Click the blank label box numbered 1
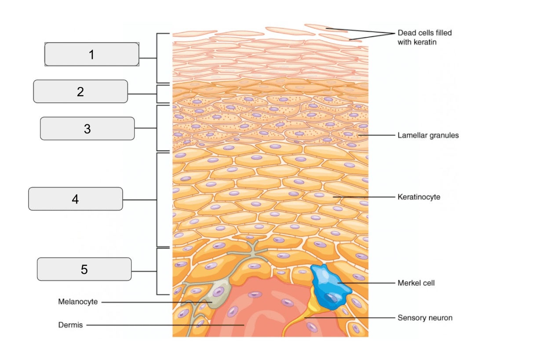click(x=92, y=55)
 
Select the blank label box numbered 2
click(x=80, y=91)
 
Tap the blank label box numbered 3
click(x=88, y=128)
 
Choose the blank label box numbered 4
click(x=76, y=199)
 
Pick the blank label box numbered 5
click(x=84, y=269)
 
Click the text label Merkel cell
click(x=416, y=283)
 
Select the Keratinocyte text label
click(x=419, y=197)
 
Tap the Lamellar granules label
click(x=428, y=135)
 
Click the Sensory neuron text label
click(x=425, y=318)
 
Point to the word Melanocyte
click(x=78, y=302)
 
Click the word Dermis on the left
click(x=71, y=325)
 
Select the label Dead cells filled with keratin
click(x=425, y=37)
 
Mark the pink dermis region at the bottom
click(x=263, y=311)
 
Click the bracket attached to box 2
click(x=157, y=94)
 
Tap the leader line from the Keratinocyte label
click(x=364, y=197)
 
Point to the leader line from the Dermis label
click(x=165, y=325)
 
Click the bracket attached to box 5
click(x=157, y=272)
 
